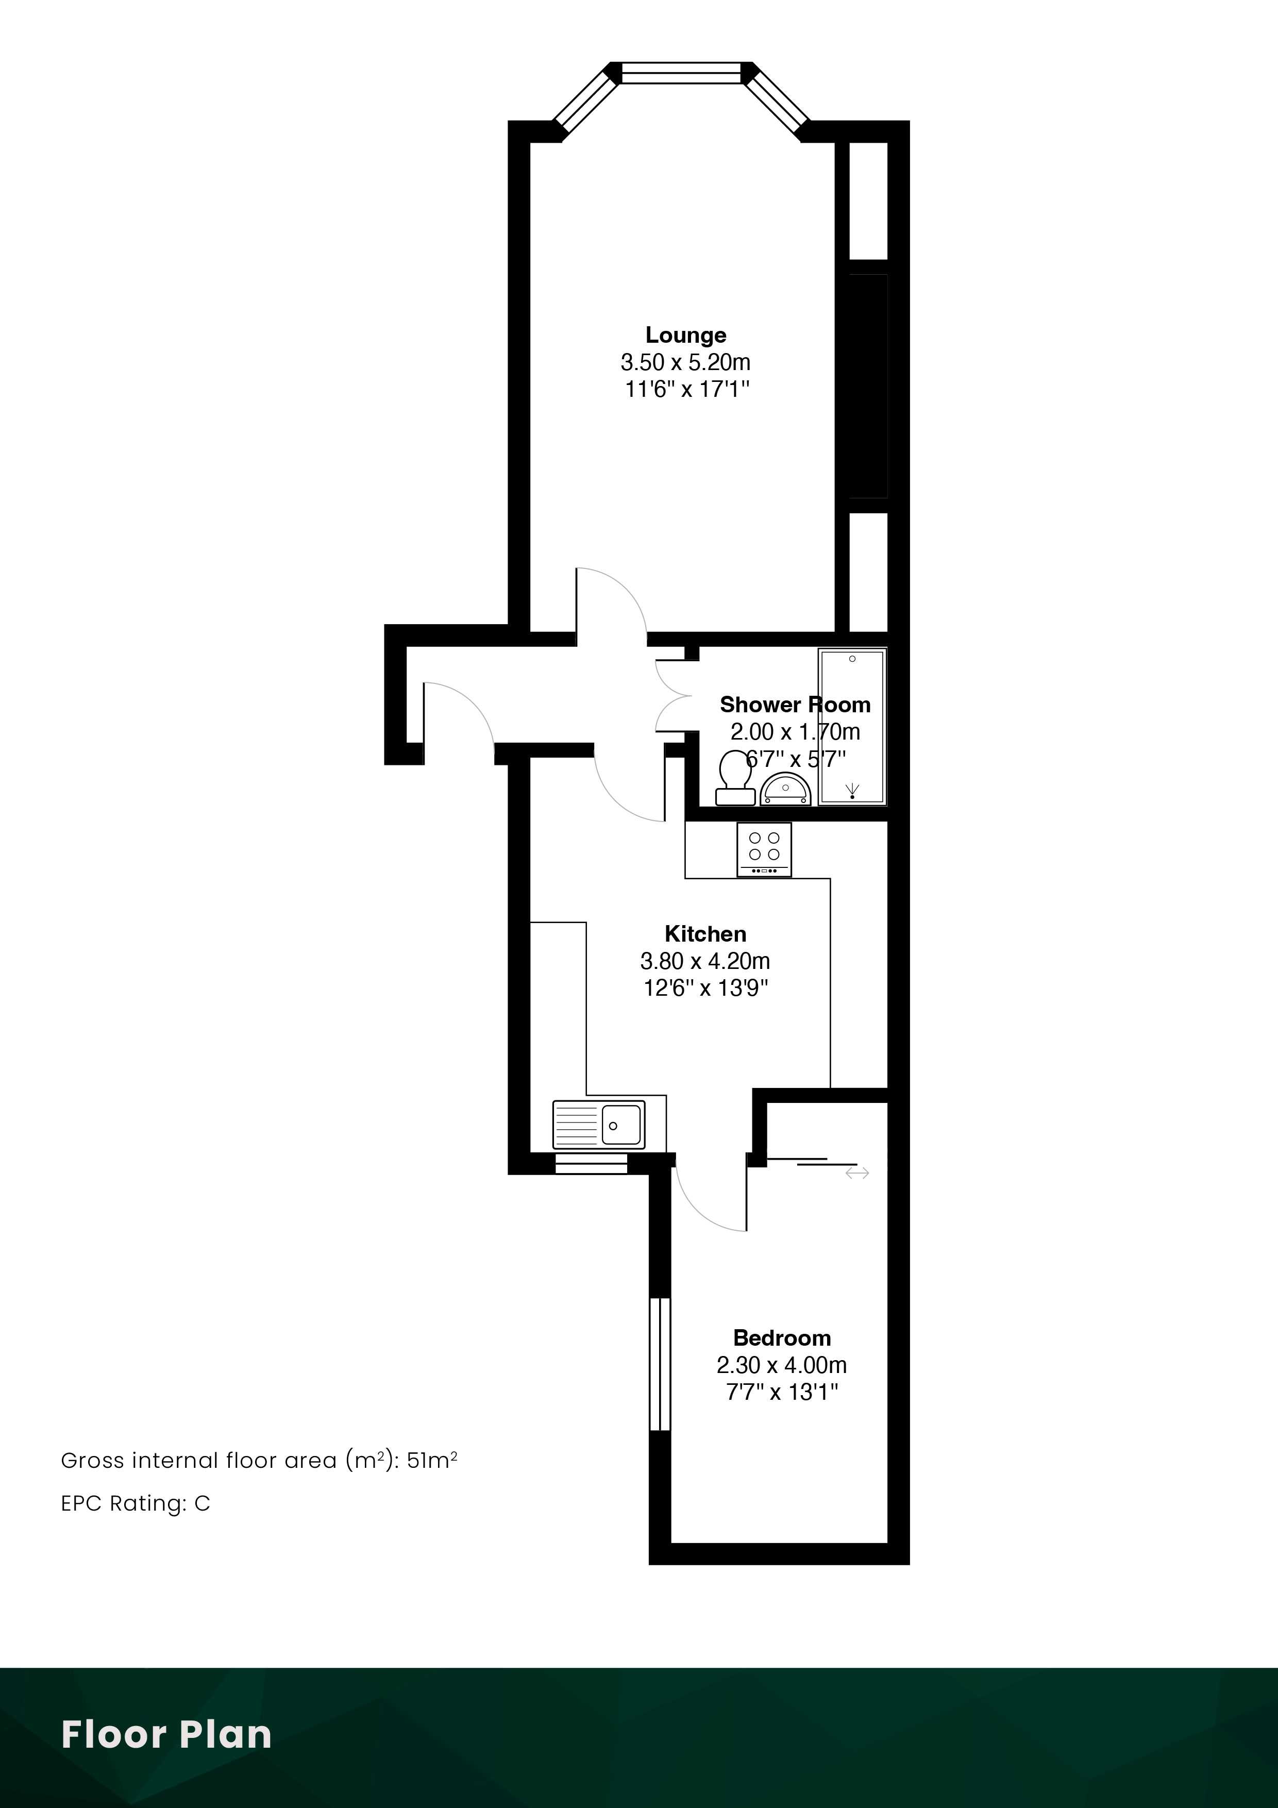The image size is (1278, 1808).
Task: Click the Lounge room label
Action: point(686,336)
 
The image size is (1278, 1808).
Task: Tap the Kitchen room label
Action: point(705,934)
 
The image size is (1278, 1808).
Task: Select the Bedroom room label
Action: point(782,1338)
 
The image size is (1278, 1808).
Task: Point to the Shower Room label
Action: point(795,704)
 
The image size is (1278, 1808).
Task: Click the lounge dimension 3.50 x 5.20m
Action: point(686,362)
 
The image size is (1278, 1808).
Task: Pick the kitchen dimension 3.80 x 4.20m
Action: point(705,961)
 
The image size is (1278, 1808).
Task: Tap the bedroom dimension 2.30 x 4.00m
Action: point(782,1365)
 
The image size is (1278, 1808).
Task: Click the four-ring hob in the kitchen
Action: point(764,850)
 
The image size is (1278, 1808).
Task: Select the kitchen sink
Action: point(598,1125)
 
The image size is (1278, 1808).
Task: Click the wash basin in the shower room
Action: point(785,790)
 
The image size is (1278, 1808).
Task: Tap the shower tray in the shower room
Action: point(852,726)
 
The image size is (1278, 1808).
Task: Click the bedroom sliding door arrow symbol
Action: point(857,1174)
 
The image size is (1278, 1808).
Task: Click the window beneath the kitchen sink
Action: point(592,1163)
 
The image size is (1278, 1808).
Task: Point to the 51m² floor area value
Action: point(432,1461)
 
